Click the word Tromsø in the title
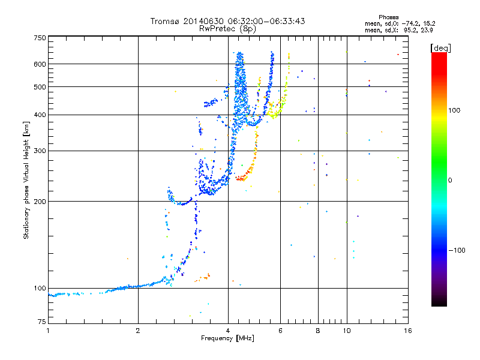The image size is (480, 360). pos(166,21)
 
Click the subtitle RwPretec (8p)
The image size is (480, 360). pos(227,29)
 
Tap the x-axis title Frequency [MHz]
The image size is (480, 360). pos(227,338)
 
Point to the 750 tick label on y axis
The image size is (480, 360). pos(40,38)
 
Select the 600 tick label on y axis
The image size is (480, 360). pos(40,64)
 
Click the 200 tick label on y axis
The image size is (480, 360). pos(40,202)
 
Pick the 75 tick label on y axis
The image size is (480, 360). pos(42,322)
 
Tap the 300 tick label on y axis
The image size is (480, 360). pos(40,151)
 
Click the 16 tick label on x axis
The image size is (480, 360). pos(408,331)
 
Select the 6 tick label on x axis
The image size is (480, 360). pos(280,331)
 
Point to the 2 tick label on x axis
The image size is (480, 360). pos(138,331)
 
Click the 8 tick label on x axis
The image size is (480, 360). pos(318,331)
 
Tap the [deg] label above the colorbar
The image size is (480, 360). pos(440,48)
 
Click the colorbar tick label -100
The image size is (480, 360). pos(457,250)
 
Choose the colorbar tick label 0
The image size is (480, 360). pos(450,180)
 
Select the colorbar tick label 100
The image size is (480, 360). pos(454,110)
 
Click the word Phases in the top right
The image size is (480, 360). pos(388,17)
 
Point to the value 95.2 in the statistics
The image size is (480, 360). pos(410,30)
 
